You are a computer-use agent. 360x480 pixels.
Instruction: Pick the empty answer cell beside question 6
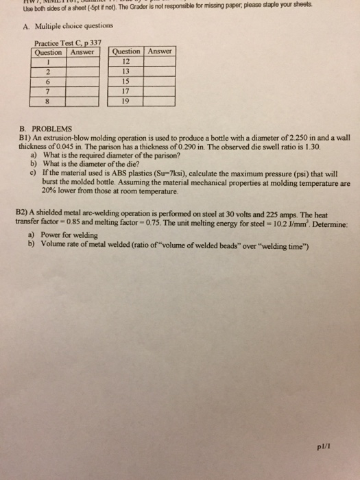pyautogui.click(x=80, y=79)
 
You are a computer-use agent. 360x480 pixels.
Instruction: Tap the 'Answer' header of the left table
pyautogui.click(x=80, y=52)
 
